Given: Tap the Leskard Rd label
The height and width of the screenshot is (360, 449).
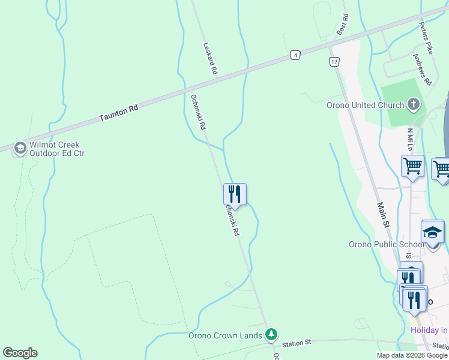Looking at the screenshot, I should click(209, 58).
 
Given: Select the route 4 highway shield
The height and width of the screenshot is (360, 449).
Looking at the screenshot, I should click(295, 55).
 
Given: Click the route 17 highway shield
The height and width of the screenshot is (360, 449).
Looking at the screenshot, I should click(334, 62).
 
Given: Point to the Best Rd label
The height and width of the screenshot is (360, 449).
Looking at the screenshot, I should click(343, 25).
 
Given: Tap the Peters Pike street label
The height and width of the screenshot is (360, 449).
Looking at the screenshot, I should click(426, 36).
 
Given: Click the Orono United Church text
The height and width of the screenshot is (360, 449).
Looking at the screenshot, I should click(365, 106).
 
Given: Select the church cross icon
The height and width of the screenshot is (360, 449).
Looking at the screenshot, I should click(413, 105).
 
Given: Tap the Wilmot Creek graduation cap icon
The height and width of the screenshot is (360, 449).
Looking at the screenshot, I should click(20, 148).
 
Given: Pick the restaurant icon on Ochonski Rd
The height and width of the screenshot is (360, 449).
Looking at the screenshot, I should click(235, 194).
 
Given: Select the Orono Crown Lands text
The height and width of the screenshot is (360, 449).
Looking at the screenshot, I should click(225, 335).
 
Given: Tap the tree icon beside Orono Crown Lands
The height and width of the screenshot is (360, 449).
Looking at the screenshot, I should click(272, 334).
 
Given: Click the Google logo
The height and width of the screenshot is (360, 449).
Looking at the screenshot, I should click(20, 353).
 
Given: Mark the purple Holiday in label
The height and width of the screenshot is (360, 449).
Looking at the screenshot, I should click(429, 330).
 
